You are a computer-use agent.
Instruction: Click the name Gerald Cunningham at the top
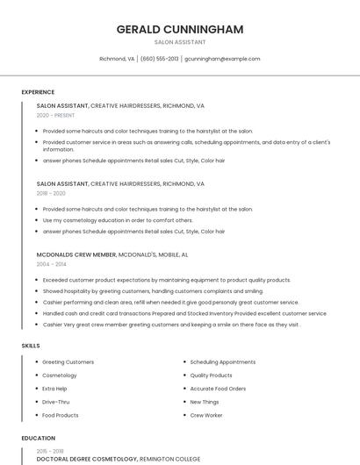tap(180, 29)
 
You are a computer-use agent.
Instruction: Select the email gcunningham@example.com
tap(222, 59)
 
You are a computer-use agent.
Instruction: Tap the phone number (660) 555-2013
tap(160, 59)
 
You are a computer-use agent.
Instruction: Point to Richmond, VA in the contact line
tap(117, 59)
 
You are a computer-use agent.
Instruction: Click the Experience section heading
tap(38, 92)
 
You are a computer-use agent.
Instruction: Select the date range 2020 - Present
tap(55, 115)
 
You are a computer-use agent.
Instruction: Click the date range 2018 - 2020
tap(51, 193)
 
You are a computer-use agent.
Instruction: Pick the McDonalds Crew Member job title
tap(76, 254)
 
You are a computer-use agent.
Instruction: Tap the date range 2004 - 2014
tap(51, 264)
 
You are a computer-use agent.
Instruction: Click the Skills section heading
tap(31, 346)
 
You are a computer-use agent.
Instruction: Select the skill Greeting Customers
tap(68, 361)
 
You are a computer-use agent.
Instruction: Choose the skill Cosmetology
tap(60, 376)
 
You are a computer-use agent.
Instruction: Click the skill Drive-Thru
tap(57, 402)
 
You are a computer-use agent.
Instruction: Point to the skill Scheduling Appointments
tap(222, 361)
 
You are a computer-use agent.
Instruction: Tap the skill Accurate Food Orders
tap(218, 389)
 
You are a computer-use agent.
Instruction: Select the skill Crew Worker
tap(206, 415)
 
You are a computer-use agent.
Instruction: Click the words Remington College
tap(169, 459)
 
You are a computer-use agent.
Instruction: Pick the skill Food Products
tap(61, 415)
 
